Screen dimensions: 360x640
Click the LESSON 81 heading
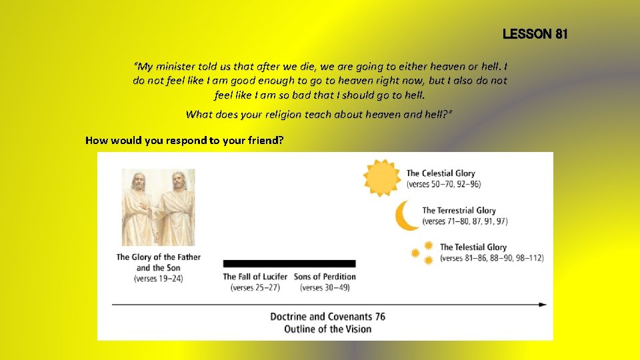pos(535,34)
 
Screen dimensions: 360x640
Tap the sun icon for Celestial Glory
pos(382,178)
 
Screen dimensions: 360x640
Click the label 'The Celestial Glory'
pos(441,173)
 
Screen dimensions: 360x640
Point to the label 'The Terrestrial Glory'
pos(459,211)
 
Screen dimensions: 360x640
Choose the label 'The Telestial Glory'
pos(473,247)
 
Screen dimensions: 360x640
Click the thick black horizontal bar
pos(289,263)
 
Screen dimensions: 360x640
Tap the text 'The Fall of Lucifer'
pos(255,277)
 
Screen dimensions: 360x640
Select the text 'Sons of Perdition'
pos(325,277)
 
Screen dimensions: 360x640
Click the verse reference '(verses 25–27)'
pos(255,288)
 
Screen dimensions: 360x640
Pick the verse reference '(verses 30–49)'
pos(325,288)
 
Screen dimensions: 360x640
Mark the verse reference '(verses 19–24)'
pos(159,278)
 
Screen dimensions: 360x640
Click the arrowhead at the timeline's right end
pos(542,305)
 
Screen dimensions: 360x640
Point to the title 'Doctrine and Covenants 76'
pos(327,317)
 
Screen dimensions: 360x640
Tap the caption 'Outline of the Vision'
pos(327,329)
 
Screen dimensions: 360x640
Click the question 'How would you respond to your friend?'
pos(185,141)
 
